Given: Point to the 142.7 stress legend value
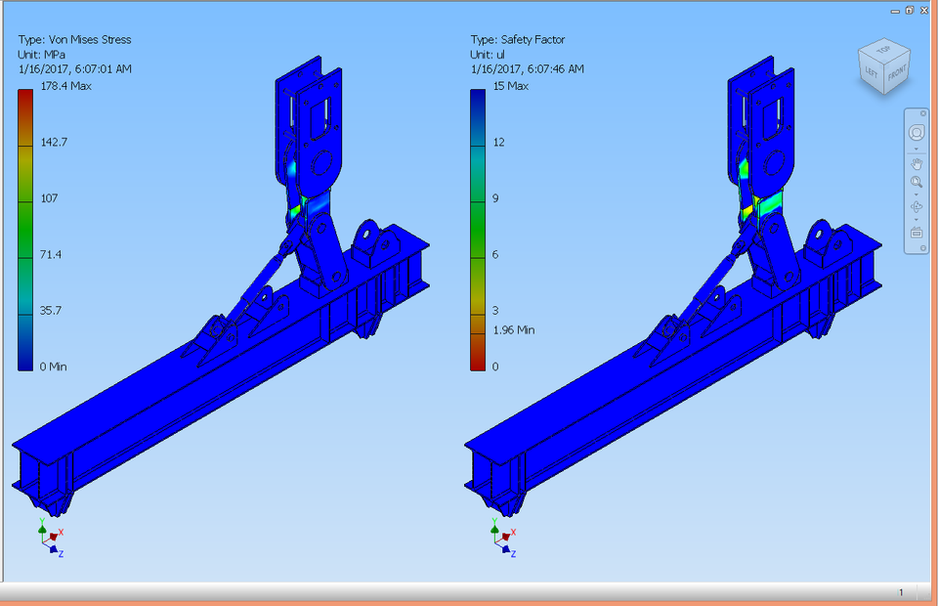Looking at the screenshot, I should click(54, 142).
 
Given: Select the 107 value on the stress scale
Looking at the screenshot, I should click(50, 197).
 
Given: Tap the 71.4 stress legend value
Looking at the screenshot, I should click(51, 254).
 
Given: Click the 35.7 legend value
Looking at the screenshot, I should click(51, 311).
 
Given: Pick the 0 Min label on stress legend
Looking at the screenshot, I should click(54, 367).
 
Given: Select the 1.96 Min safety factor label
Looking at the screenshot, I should click(514, 329).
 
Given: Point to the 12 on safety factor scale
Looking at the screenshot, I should click(498, 142).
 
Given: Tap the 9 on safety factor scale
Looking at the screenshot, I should click(495, 198).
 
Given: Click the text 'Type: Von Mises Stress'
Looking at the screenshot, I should click(74, 40).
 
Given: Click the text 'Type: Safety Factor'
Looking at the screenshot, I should click(518, 40).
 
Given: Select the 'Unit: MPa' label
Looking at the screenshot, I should click(44, 55).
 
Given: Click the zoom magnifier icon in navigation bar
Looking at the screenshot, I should click(917, 183).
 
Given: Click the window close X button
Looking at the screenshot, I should click(923, 10).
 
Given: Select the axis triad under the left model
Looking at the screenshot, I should click(50, 539).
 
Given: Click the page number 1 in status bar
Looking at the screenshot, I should click(901, 592).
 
